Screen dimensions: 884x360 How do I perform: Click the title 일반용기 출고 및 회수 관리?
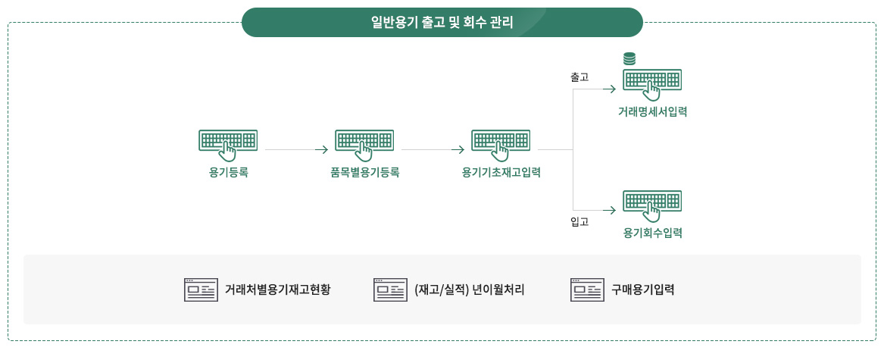click(x=442, y=23)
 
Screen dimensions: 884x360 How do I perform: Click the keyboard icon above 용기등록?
click(x=228, y=143)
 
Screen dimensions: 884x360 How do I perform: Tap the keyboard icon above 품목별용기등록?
click(x=365, y=143)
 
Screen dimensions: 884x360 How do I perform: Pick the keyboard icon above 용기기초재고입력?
click(x=501, y=143)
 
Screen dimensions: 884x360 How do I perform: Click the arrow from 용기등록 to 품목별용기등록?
click(x=296, y=149)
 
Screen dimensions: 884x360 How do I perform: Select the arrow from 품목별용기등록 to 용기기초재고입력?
click(x=433, y=149)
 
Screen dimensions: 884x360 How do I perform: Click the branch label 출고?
click(x=579, y=77)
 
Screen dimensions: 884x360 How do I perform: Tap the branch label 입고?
click(x=579, y=222)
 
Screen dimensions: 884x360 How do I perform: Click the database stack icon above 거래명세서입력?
click(x=629, y=58)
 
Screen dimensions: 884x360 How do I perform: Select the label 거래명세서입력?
click(x=652, y=111)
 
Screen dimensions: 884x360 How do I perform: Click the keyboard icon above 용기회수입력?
click(x=652, y=205)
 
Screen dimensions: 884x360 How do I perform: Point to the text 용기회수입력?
click(x=653, y=233)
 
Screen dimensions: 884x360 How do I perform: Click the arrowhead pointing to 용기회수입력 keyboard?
click(x=612, y=211)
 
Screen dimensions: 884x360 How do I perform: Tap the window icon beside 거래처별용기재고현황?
click(x=201, y=290)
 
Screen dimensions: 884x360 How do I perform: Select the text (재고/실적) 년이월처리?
click(x=469, y=290)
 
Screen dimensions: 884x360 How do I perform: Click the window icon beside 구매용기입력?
click(x=587, y=290)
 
